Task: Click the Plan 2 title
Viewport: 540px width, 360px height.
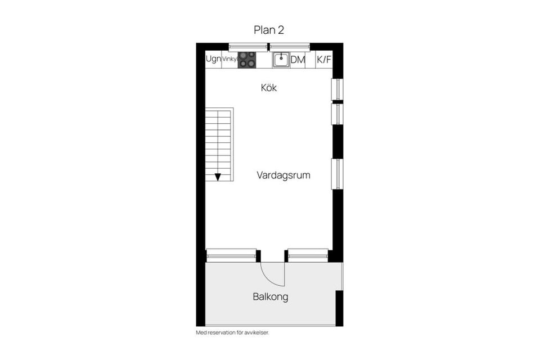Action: [x=269, y=30]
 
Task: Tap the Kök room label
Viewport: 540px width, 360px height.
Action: [x=269, y=88]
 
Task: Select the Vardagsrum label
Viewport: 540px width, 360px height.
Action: [x=283, y=175]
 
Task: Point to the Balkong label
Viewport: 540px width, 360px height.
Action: [x=270, y=296]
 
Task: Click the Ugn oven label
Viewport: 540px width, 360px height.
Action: [x=213, y=59]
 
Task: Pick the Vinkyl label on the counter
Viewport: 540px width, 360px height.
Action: [x=229, y=59]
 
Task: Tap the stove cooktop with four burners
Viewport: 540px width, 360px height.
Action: [x=247, y=60]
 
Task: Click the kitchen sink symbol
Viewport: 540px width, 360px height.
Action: [x=281, y=60]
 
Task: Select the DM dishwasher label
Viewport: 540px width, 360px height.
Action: [x=298, y=60]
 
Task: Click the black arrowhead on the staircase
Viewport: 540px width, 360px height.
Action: [x=218, y=177]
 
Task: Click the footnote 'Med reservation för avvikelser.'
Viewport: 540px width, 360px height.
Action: [x=232, y=332]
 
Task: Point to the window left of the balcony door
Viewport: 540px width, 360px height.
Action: [x=231, y=255]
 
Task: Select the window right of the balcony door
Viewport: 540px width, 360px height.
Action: [x=308, y=255]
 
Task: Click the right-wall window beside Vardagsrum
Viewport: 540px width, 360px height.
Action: [x=337, y=174]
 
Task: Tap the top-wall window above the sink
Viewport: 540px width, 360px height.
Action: [x=290, y=47]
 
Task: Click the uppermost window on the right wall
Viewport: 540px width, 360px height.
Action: [x=337, y=89]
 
